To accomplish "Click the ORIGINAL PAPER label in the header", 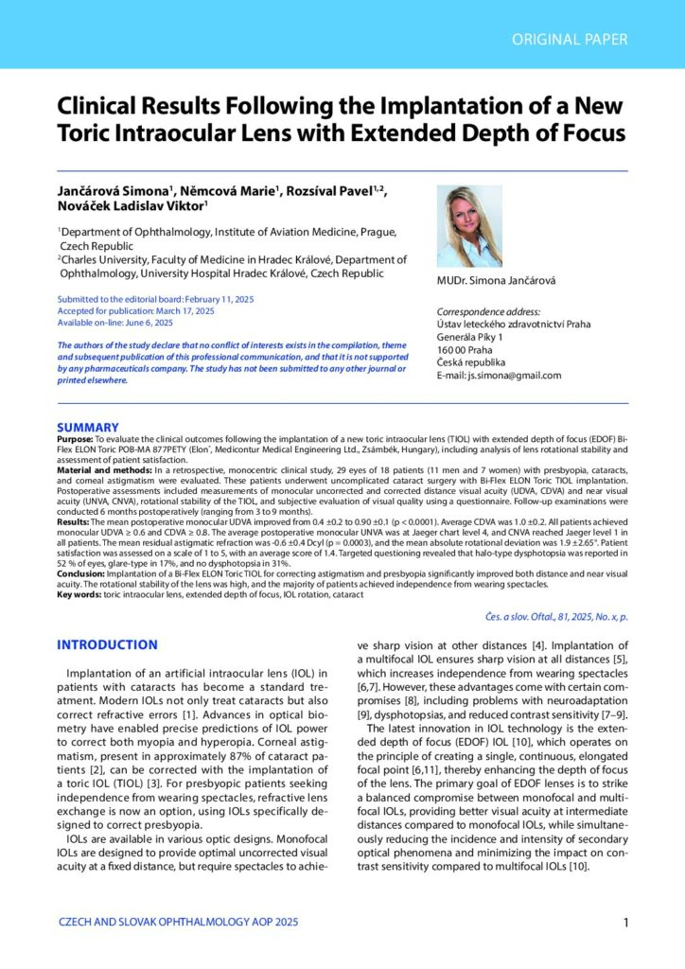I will point(569,39).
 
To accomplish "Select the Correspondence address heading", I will point(487,311).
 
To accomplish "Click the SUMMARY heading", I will point(88,428).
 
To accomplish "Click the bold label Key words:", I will point(81,595).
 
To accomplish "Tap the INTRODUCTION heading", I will point(107,645).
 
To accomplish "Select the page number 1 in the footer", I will point(627,923).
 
